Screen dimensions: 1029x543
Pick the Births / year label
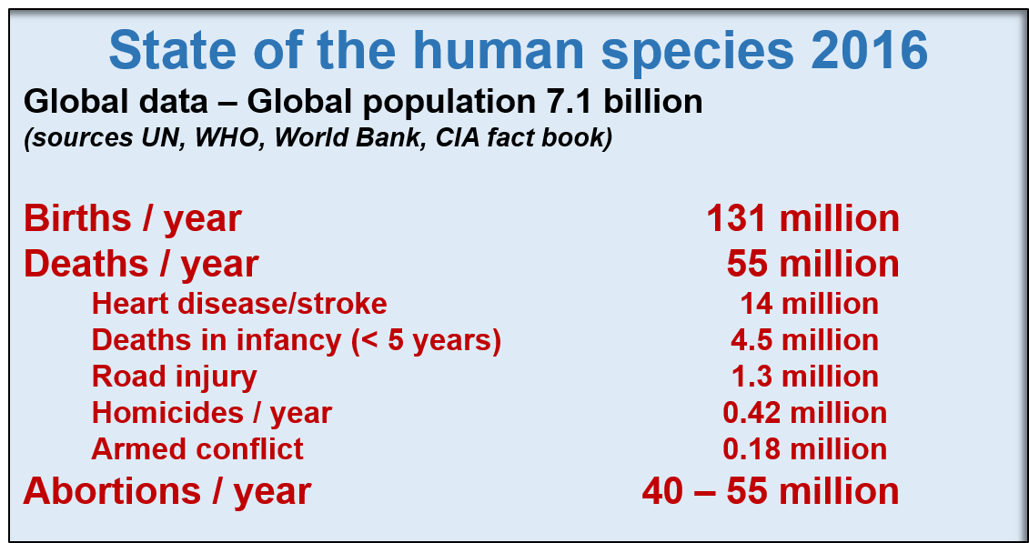point(133,219)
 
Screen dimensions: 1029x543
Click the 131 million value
point(802,219)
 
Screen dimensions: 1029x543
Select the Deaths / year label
point(141,265)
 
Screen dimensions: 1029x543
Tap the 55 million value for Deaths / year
point(813,265)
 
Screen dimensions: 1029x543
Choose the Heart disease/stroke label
point(239,304)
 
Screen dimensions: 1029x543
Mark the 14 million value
point(810,305)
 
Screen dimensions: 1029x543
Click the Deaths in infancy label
point(296,341)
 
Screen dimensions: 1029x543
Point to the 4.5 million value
point(804,340)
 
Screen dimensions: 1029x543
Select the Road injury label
point(175,377)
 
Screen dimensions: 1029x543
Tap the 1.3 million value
point(805,377)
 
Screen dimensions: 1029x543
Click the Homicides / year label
point(212,414)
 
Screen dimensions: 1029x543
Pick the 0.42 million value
point(804,413)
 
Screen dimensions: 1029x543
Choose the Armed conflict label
point(197,449)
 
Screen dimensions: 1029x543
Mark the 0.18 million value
point(804,449)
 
